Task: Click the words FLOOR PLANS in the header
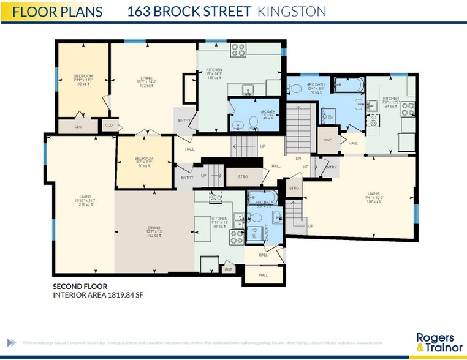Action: (x=58, y=12)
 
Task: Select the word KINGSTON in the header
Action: (x=291, y=12)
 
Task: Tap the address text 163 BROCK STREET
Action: (x=189, y=12)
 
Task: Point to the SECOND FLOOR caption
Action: (x=80, y=286)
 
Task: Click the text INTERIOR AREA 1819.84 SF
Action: (x=98, y=294)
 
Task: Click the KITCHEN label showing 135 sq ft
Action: (x=215, y=75)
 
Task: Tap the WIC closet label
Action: (x=328, y=140)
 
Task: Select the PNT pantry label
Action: (x=228, y=269)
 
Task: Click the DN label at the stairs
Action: (x=298, y=158)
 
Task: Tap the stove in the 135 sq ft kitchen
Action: (x=238, y=50)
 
